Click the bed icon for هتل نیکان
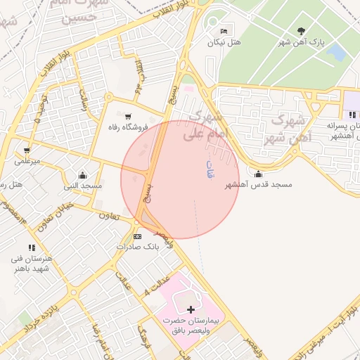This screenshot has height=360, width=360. click(224, 31)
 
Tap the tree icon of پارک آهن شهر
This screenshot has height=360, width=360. click(302, 31)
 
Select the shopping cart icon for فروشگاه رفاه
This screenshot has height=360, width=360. click(128, 116)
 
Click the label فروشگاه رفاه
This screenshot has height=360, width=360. click(126, 127)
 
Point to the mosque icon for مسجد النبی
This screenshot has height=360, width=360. click(83, 175)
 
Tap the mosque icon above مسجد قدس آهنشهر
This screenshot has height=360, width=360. click(259, 174)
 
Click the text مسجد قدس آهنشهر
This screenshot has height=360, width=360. click(258, 185)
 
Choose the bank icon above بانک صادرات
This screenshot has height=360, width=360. click(137, 236)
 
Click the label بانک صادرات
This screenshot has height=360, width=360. click(137, 247)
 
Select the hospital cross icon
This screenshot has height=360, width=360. click(191, 309)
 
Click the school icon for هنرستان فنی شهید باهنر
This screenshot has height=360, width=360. click(31, 247)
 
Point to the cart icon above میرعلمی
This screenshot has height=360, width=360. click(27, 150)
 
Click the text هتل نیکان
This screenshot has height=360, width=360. click(224, 42)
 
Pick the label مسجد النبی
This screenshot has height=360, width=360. click(83, 186)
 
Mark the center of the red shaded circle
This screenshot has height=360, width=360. click(180, 179)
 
